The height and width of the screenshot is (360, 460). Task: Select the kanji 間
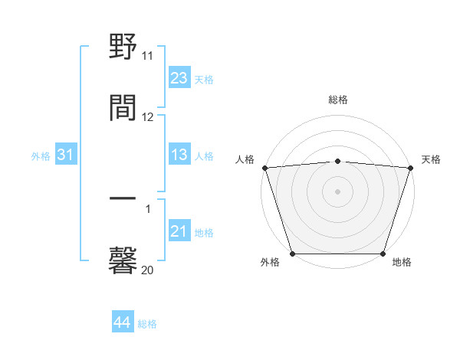click(123, 108)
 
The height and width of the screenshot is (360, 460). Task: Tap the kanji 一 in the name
click(123, 201)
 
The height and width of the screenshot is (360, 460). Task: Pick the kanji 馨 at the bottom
click(123, 260)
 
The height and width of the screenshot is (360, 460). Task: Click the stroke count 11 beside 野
click(148, 56)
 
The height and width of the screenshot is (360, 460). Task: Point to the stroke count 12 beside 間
click(148, 117)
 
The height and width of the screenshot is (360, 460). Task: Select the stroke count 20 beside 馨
click(148, 270)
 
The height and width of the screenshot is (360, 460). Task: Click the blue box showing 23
click(179, 78)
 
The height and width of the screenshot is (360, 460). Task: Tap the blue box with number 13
click(179, 155)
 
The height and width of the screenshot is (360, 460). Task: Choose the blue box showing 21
click(179, 231)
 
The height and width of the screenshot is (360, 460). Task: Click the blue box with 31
click(65, 155)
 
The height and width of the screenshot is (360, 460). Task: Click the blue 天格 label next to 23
click(204, 79)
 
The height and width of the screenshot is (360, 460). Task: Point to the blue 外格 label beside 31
click(41, 156)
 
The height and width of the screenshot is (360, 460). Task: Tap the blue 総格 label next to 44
click(147, 324)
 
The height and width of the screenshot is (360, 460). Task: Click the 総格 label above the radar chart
click(337, 100)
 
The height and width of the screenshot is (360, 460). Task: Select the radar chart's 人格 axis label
click(245, 159)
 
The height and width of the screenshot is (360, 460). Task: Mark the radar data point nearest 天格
click(410, 168)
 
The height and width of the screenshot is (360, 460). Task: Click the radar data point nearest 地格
click(383, 254)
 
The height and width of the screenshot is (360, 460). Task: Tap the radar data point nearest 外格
click(292, 254)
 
